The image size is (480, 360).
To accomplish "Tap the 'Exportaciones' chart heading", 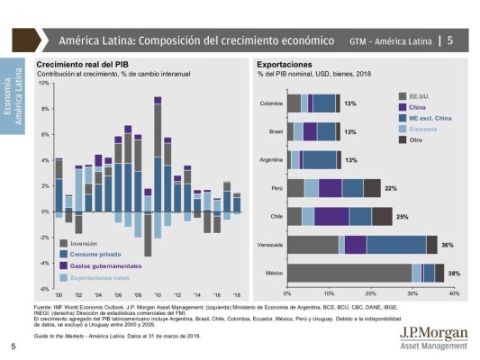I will pyautogui.click(x=285, y=66).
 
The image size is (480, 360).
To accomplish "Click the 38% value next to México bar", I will pyautogui.click(x=454, y=273).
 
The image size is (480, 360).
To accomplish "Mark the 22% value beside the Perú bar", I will pyautogui.click(x=391, y=188).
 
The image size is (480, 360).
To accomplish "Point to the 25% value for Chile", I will pyautogui.click(x=402, y=217).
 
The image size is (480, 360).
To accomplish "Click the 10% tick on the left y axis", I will pyautogui.click(x=42, y=83).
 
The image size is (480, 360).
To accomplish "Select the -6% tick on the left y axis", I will pyautogui.click(x=42, y=289).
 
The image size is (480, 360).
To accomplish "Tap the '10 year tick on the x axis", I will pyautogui.click(x=158, y=295).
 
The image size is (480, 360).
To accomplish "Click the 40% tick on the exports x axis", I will pyautogui.click(x=453, y=294).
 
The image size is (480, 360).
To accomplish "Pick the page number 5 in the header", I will pyautogui.click(x=450, y=40).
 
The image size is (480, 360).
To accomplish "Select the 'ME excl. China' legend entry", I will pyautogui.click(x=430, y=117).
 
